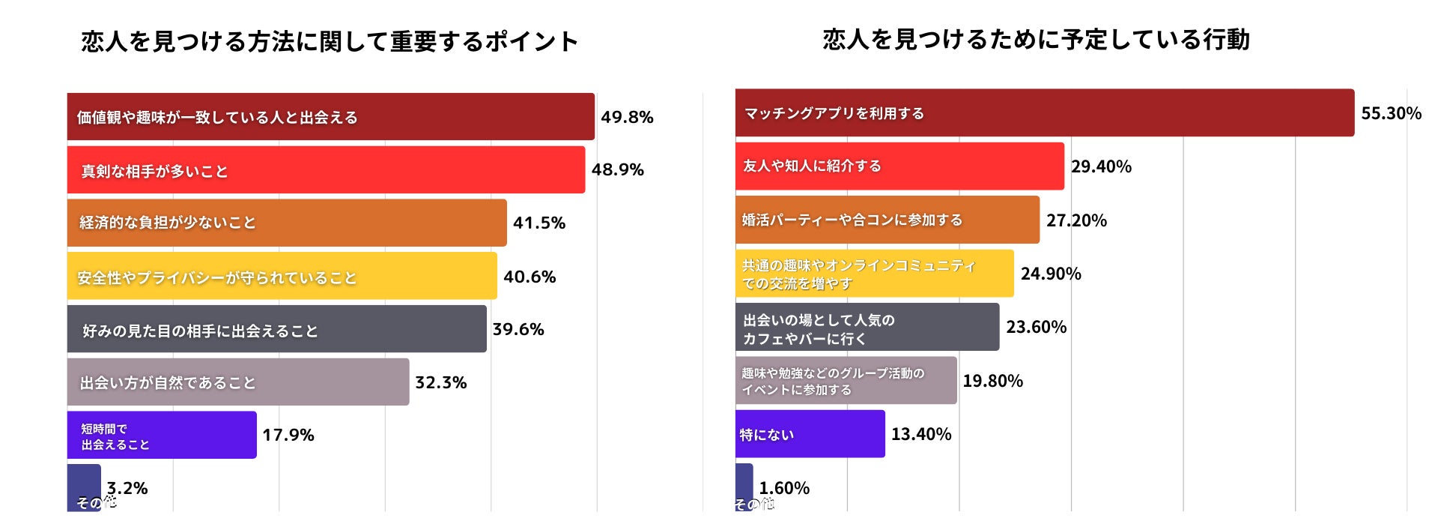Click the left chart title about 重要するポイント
(330, 41)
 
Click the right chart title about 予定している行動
(1036, 39)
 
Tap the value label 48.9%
(617, 169)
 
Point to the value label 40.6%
(529, 277)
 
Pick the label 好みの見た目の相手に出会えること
(200, 331)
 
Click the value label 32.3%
(440, 382)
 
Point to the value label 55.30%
(1391, 113)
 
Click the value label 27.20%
(1076, 220)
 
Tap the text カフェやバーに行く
(804, 339)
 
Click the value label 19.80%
(992, 381)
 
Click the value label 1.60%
(783, 488)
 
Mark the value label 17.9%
(288, 435)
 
